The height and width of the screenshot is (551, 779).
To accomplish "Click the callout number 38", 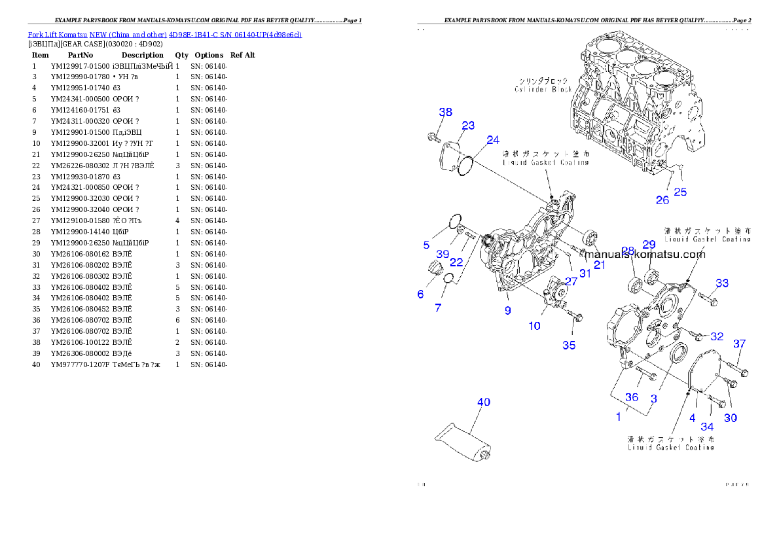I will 445,112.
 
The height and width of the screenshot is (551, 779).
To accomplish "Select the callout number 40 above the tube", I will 483,402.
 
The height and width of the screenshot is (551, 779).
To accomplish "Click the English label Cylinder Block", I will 543,89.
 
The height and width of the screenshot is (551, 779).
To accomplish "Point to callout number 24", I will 493,140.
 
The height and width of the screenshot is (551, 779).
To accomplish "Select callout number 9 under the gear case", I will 507,311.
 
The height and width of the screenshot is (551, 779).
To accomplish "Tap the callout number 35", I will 569,345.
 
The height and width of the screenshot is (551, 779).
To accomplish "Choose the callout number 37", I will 739,344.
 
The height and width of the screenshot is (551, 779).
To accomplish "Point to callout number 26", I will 662,200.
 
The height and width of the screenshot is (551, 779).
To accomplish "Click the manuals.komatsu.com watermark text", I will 645,254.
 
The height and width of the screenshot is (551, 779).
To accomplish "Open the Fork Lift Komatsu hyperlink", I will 164,34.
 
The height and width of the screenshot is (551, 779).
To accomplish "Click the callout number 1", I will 619,416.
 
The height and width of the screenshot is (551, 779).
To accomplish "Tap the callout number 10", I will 535,325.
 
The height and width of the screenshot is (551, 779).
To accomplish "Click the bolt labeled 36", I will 645,374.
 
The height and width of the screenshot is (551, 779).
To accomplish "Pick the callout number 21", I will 600,264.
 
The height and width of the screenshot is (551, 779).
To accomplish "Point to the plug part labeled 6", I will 435,268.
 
